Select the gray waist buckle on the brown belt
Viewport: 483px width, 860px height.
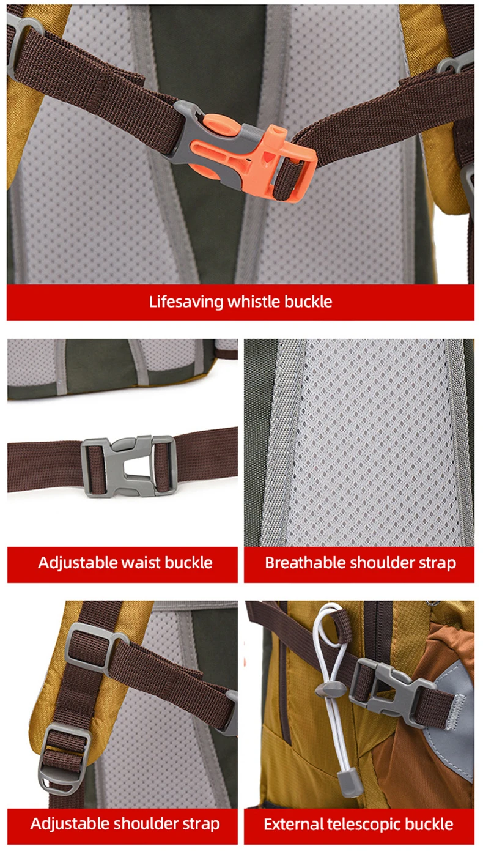tap(129, 466)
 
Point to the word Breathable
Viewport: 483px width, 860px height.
tap(304, 563)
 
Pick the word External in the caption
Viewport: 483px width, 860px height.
tap(293, 824)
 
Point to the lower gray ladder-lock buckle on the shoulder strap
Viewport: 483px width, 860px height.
tap(64, 758)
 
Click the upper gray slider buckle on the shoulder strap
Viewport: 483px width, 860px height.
tap(96, 649)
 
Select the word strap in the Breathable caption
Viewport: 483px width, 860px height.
tap(437, 563)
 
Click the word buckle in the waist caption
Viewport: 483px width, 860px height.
tap(188, 563)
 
